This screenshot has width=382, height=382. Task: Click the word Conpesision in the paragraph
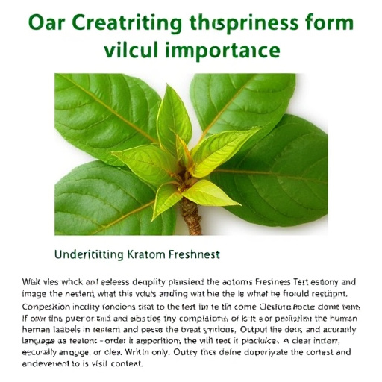pos(41,307)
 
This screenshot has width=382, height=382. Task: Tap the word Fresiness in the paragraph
pos(271,283)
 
